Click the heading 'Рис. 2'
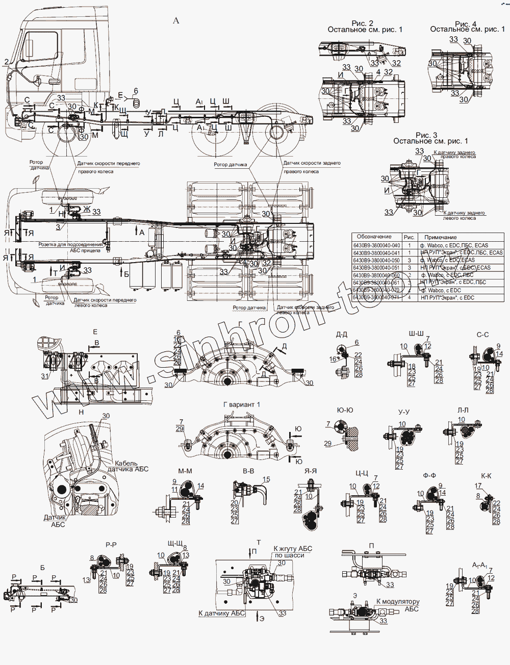point(363,23)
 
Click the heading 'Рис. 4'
point(465,23)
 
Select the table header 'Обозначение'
point(374,237)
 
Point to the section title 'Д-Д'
point(342,335)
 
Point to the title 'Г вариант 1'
point(242,404)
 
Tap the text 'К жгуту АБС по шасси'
point(292,551)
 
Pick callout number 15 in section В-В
point(266,480)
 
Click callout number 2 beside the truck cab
point(6,62)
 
